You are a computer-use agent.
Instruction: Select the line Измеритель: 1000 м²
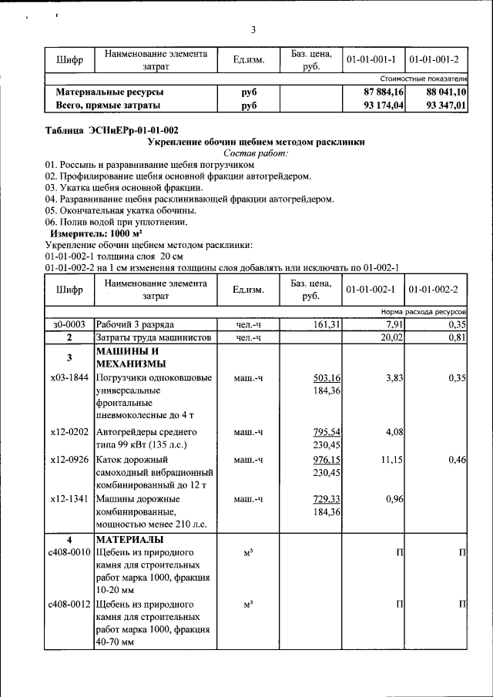(96, 233)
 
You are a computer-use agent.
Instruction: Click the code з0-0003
(69, 325)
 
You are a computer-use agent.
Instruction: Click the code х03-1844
(69, 378)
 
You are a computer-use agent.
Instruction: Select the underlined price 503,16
(327, 378)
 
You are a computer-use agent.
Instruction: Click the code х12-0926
(69, 459)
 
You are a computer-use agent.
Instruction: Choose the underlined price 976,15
(327, 459)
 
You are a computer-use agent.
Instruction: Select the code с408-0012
(69, 604)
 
